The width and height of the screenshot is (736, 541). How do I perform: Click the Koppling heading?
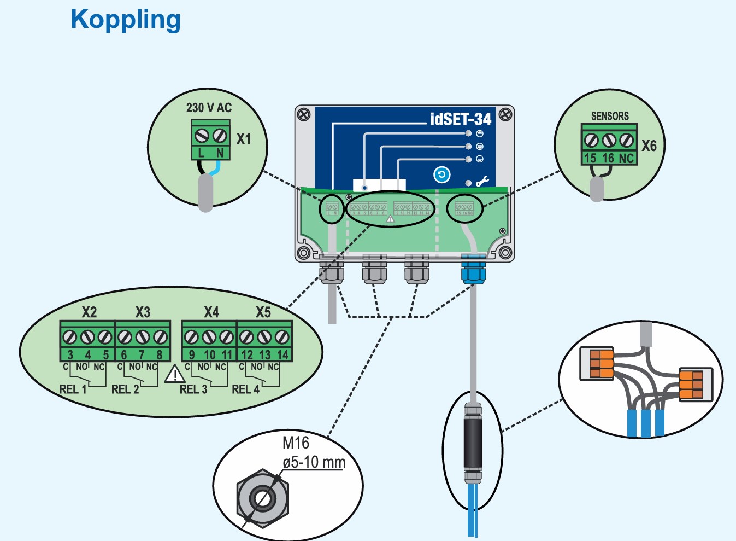[126, 20]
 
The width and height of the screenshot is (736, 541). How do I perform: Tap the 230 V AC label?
[209, 108]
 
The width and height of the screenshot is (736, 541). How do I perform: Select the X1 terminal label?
[244, 139]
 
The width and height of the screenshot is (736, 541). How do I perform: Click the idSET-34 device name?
[461, 119]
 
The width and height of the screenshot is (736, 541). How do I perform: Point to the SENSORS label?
[610, 116]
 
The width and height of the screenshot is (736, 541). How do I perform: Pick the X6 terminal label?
[649, 146]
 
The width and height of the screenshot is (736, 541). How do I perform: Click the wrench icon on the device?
[482, 181]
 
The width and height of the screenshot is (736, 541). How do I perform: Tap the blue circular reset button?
[441, 174]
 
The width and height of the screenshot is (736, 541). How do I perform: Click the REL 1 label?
[73, 389]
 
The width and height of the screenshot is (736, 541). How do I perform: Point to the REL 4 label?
[245, 389]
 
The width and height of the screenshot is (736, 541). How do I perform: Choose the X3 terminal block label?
[143, 312]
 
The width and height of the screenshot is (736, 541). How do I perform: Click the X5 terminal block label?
[263, 312]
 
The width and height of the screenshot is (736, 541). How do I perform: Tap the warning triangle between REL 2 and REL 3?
[175, 375]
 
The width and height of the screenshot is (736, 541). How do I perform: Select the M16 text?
[296, 443]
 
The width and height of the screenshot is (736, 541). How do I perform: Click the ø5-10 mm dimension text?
[314, 462]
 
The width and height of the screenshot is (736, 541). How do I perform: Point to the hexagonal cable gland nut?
[262, 498]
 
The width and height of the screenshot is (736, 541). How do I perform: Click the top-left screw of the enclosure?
[303, 114]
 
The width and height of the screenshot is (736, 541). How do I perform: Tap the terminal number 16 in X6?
[608, 158]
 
